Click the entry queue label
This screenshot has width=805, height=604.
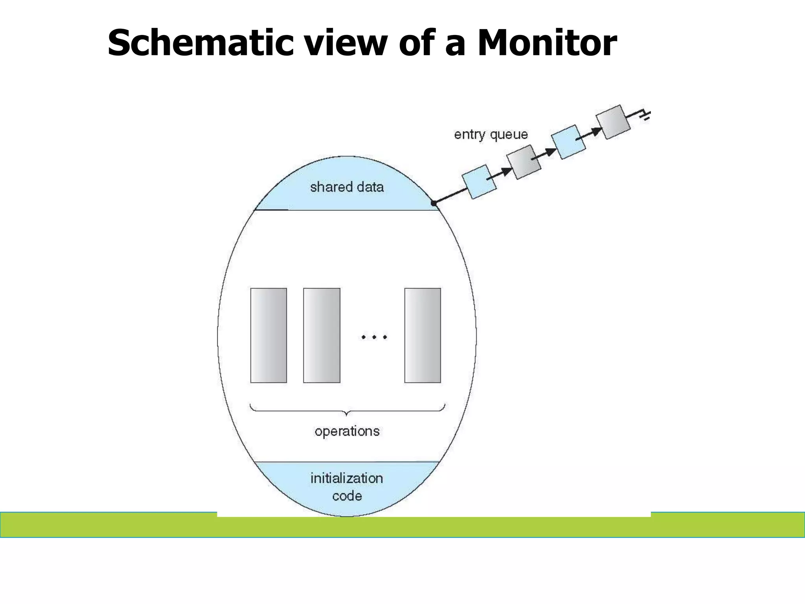point(491,134)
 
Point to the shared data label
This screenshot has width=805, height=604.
point(347,187)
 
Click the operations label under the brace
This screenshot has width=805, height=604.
point(347,431)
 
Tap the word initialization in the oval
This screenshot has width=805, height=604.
point(347,478)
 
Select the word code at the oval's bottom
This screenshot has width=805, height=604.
point(347,496)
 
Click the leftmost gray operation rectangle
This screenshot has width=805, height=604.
point(268,335)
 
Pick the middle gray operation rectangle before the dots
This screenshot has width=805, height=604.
point(322,335)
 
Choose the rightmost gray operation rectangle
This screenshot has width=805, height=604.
point(423,335)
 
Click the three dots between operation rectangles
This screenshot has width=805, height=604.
point(374,337)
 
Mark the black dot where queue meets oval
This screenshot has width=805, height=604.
point(434,203)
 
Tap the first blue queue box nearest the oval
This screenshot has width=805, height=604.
point(479,182)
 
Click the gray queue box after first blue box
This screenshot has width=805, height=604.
point(524,162)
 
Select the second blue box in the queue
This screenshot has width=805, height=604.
point(568,142)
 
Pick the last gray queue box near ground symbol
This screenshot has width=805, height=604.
point(613,122)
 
